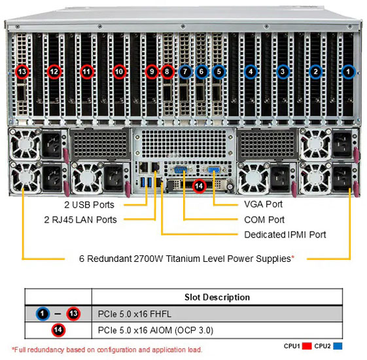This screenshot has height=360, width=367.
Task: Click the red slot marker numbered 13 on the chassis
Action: click(22, 71)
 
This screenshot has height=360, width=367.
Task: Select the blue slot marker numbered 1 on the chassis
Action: click(348, 71)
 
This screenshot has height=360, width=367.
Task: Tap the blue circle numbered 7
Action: click(185, 71)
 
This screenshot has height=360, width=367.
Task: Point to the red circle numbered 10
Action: click(119, 71)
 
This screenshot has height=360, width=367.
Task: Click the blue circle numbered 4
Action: click(251, 71)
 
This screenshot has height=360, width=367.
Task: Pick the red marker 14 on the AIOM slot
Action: click(199, 186)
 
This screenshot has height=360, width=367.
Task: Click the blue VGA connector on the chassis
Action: click(213, 170)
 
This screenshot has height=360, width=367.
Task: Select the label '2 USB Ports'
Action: click(89, 205)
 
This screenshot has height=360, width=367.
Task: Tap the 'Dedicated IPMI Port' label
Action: click(285, 234)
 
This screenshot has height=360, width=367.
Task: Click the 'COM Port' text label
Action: click(264, 220)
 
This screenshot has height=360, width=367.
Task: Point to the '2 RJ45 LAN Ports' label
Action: click(80, 220)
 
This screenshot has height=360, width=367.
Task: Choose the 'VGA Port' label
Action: click(264, 204)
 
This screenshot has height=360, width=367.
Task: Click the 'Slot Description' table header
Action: click(217, 297)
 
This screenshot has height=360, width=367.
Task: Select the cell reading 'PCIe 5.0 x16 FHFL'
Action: click(135, 314)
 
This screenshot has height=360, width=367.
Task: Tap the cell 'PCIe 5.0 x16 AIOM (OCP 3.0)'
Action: click(156, 331)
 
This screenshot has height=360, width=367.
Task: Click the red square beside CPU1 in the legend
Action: click(307, 346)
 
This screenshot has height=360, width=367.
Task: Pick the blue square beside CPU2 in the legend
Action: click(338, 346)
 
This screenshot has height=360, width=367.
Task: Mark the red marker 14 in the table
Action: click(58, 330)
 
